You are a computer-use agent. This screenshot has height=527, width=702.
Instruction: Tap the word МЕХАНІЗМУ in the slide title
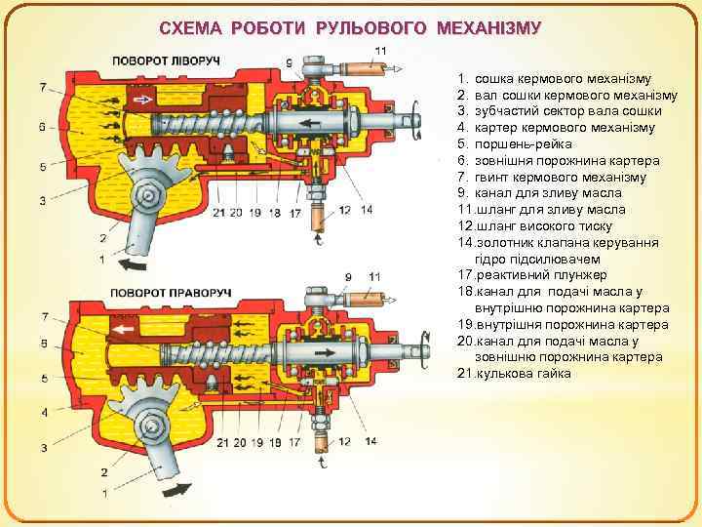pyautogui.click(x=485, y=27)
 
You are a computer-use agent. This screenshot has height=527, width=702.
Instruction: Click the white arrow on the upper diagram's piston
pyautogui.click(x=143, y=100)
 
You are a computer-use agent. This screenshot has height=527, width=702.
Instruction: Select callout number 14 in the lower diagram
pyautogui.click(x=370, y=442)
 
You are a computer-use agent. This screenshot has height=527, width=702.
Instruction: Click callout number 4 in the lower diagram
pyautogui.click(x=43, y=413)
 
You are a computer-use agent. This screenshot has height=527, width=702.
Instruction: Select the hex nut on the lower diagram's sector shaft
pyautogui.click(x=151, y=426)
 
